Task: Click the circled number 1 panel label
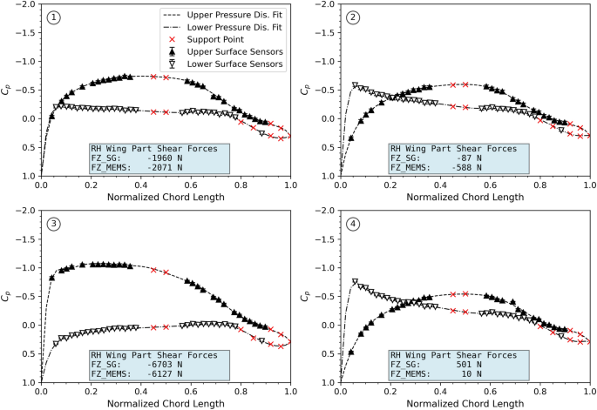(54, 17)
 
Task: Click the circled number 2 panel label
(352, 17)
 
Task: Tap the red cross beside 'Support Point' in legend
(171, 40)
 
